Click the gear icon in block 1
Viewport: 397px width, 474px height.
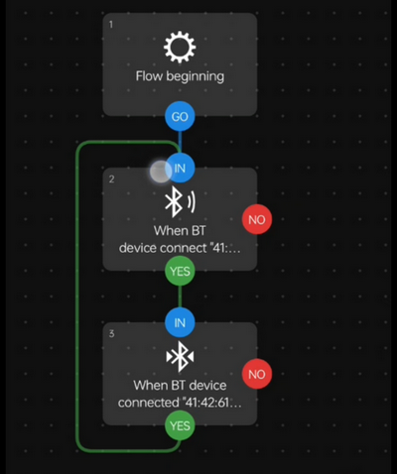(180, 48)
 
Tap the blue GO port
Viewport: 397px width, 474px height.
(180, 115)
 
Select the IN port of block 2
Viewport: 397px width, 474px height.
(180, 169)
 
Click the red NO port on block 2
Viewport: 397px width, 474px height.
(257, 219)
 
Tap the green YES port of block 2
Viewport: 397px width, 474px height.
(180, 271)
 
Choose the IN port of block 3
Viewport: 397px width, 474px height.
(180, 322)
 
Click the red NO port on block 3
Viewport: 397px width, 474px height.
(257, 374)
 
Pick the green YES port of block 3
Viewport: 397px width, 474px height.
(180, 425)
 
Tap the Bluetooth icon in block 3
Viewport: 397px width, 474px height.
(180, 357)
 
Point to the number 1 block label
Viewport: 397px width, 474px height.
(110, 24)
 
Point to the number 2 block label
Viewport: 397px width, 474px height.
(110, 178)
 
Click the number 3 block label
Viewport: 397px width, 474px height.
(110, 333)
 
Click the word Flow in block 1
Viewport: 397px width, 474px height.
(151, 75)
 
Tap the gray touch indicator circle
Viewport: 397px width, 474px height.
(160, 173)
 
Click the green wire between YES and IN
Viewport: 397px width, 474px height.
(180, 296)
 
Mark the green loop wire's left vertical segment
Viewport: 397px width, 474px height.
(78, 297)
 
